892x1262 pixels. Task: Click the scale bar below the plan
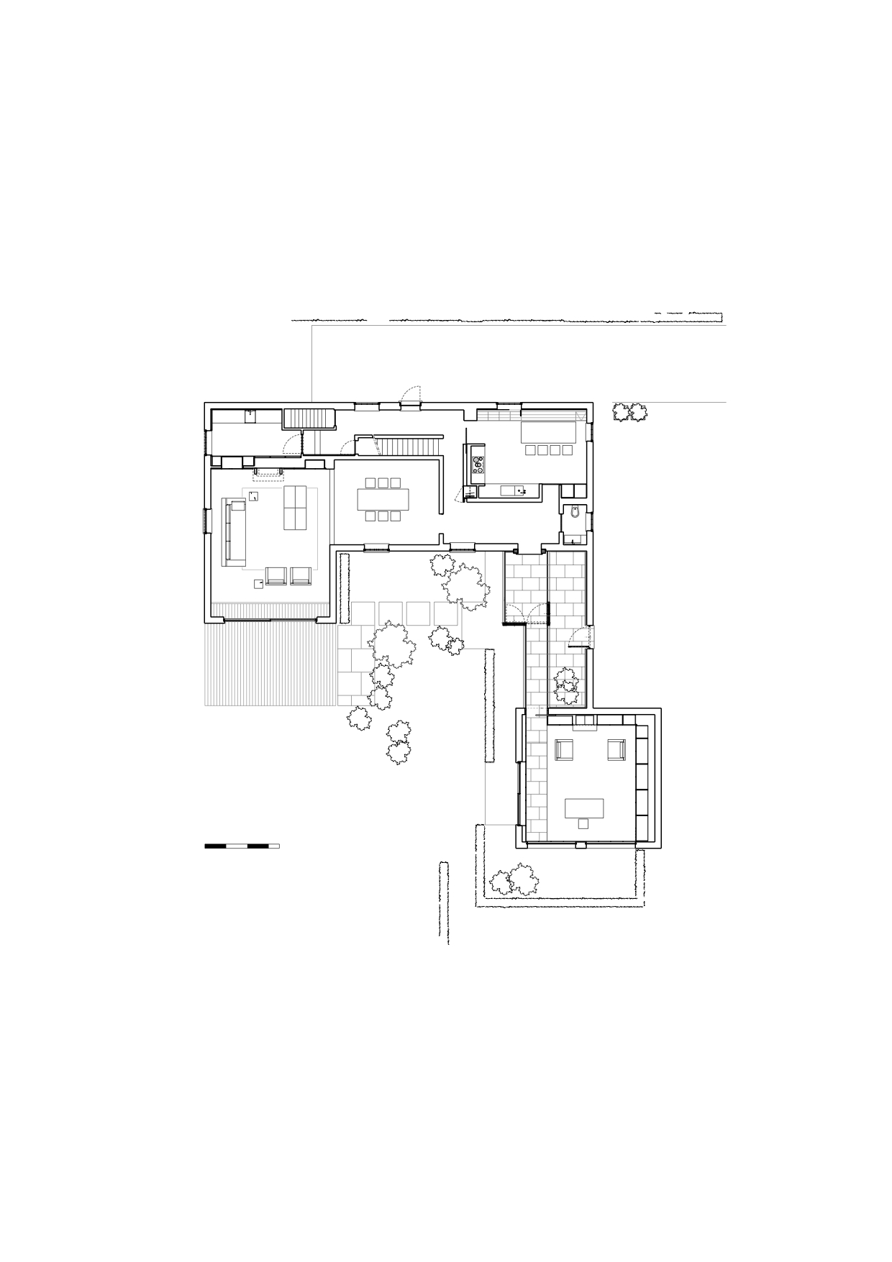point(242,846)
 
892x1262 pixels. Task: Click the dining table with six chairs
point(382,499)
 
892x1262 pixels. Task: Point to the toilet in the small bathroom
point(573,513)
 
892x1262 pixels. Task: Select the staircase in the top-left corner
point(309,419)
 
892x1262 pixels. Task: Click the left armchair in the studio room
point(564,749)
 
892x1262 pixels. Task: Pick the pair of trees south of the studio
point(514,882)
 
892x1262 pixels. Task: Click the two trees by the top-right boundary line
point(629,412)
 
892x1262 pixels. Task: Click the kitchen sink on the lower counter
point(520,491)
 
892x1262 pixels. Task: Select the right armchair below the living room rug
point(300,575)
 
